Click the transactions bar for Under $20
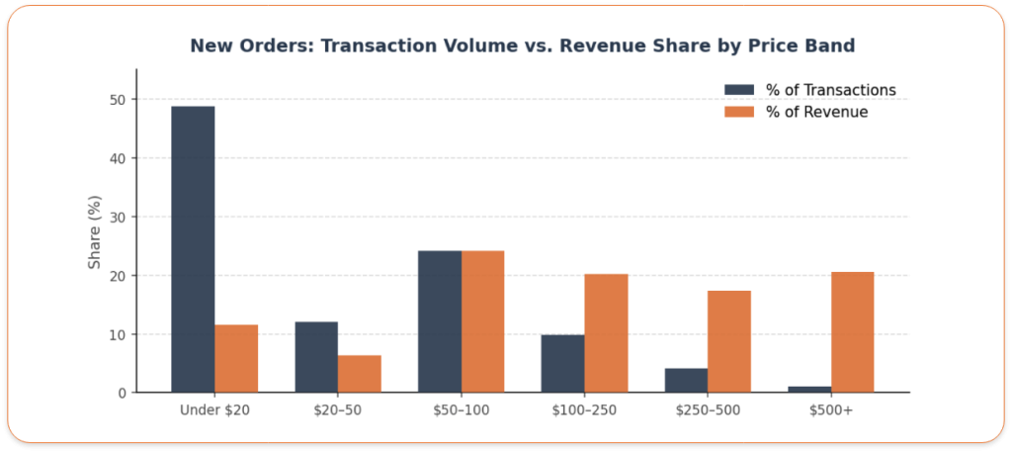pos(193,249)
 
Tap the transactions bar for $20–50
pos(316,357)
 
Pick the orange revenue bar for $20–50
pos(360,374)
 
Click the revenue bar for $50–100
pos(483,321)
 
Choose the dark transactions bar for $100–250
pos(562,363)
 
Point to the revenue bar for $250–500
pos(729,341)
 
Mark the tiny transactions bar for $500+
pos(809,389)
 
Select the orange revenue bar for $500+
pos(853,332)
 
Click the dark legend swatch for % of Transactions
pos(739,90)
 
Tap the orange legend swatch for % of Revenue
pos(739,112)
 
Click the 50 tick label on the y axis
pos(118,100)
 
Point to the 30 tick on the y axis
pos(118,217)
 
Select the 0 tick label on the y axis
pos(122,393)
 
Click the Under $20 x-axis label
pos(214,410)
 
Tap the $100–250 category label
pos(584,410)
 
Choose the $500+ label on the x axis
pos(831,410)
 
